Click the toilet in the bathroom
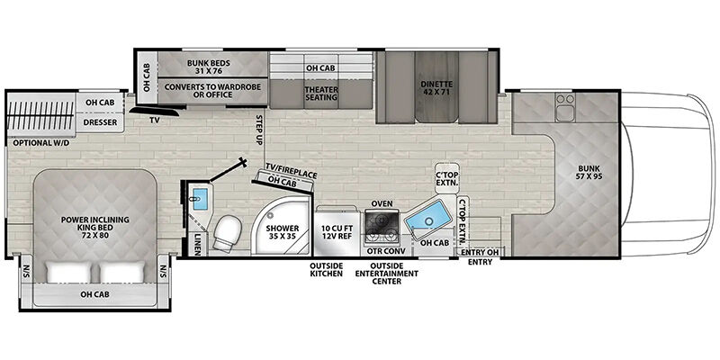pyautogui.click(x=228, y=232)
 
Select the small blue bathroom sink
pyautogui.click(x=199, y=199)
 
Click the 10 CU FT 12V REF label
pyautogui.click(x=337, y=232)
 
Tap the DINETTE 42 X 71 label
pyautogui.click(x=436, y=88)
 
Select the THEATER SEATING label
pyautogui.click(x=321, y=94)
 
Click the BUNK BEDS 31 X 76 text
pyautogui.click(x=209, y=67)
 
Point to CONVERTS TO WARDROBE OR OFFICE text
pyautogui.click(x=212, y=91)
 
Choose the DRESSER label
pyautogui.click(x=100, y=122)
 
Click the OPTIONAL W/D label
pyautogui.click(x=40, y=143)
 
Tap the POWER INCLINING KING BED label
pyautogui.click(x=95, y=223)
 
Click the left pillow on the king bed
pyautogui.click(x=68, y=273)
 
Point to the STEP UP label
pyautogui.click(x=259, y=130)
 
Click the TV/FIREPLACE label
pyautogui.click(x=291, y=170)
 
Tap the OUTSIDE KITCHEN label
pyautogui.click(x=326, y=269)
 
